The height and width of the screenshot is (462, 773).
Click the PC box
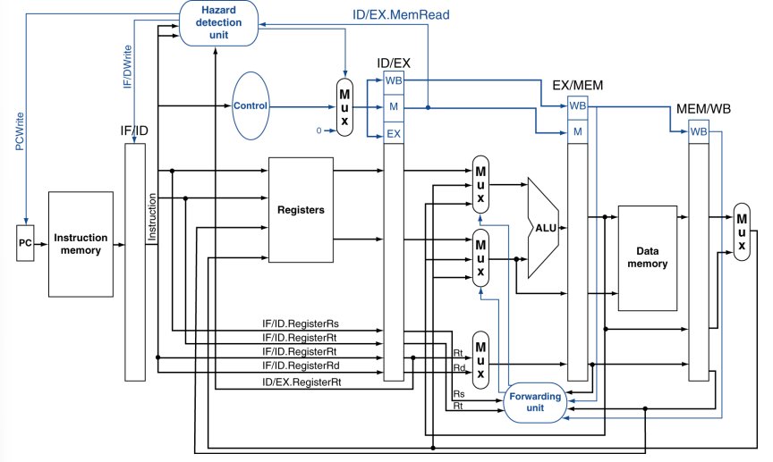click(25, 243)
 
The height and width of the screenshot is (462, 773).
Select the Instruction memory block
click(81, 244)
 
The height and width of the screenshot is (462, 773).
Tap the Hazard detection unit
click(218, 22)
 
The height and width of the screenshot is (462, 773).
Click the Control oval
click(251, 106)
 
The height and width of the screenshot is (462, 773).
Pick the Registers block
click(301, 210)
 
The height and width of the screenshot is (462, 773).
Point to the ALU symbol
click(543, 228)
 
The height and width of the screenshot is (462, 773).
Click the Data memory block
click(647, 258)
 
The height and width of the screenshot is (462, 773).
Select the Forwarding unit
click(535, 402)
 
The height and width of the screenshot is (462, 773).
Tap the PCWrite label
click(19, 131)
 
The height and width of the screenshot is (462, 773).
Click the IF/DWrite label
click(127, 67)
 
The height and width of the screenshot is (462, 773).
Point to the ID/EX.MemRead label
click(401, 15)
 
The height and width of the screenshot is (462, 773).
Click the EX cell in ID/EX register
click(394, 133)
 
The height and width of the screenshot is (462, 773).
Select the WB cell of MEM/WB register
click(699, 131)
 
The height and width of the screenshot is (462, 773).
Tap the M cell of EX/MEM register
click(577, 131)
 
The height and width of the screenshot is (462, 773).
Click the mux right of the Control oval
click(344, 107)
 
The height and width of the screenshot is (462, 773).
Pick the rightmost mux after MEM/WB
click(742, 232)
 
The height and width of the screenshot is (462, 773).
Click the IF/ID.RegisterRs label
click(301, 323)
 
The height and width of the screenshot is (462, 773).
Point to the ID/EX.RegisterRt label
click(302, 382)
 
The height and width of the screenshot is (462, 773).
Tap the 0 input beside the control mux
click(319, 130)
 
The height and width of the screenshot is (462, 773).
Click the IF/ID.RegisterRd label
click(301, 365)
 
